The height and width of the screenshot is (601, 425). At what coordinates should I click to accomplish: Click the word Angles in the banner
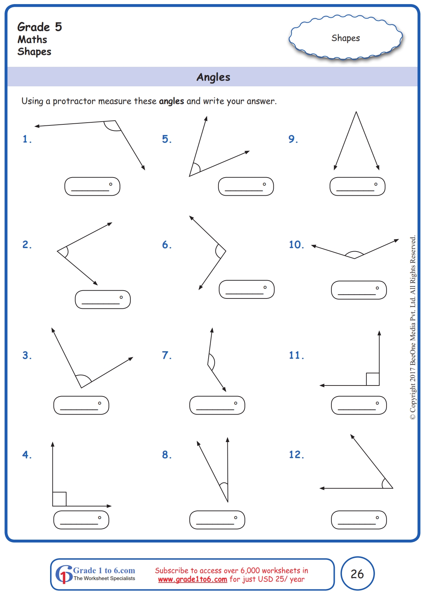(213, 77)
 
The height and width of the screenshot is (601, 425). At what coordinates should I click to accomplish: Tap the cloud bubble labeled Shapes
(345, 38)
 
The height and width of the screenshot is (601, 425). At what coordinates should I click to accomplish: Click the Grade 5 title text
(39, 27)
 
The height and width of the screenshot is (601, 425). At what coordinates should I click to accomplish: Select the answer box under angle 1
(92, 186)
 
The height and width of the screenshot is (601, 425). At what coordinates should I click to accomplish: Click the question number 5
(167, 139)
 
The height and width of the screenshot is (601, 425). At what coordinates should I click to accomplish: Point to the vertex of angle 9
(356, 112)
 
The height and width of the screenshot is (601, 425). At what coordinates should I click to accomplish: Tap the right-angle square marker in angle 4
(59, 499)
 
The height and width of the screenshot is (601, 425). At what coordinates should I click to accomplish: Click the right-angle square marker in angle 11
(373, 379)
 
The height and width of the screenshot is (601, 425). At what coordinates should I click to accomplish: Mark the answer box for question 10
(358, 290)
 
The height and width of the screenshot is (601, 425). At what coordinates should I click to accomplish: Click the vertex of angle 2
(57, 251)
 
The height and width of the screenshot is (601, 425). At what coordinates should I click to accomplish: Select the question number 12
(296, 454)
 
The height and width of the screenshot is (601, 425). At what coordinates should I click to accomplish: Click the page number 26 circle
(357, 574)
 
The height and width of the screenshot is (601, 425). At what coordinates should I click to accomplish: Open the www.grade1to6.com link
(192, 579)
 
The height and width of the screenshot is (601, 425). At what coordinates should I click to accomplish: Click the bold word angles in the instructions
(171, 101)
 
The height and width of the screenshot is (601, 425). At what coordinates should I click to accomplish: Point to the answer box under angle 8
(217, 520)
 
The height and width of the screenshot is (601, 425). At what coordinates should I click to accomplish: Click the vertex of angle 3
(81, 388)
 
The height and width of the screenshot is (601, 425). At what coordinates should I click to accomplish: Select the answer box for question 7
(217, 405)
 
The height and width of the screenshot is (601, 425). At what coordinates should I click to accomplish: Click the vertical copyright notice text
(413, 327)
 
